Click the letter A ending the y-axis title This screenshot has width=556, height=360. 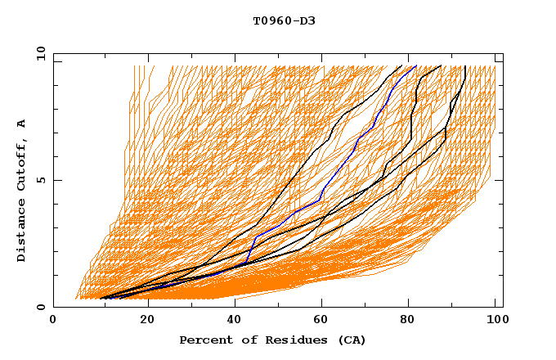[x=22, y=124]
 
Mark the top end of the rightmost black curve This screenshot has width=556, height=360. [x=464, y=66]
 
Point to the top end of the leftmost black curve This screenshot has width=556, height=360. [x=401, y=66]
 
